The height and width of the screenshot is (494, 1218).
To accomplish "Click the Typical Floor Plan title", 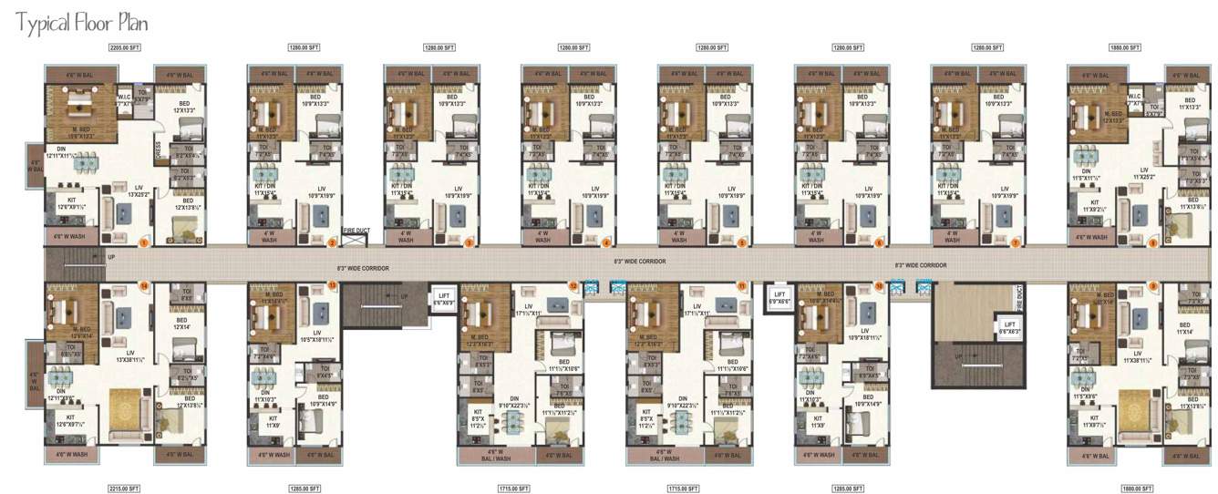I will (x=81, y=22).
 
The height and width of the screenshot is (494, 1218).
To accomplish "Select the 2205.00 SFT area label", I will (x=124, y=46).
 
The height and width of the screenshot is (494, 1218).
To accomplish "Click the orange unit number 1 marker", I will (x=144, y=242).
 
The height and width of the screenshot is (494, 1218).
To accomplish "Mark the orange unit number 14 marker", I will (x=144, y=286).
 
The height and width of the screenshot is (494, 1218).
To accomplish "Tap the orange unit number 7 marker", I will (x=1015, y=242).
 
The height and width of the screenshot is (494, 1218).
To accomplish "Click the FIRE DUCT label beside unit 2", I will (x=354, y=232).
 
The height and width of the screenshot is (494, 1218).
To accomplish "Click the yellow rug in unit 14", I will (x=124, y=409).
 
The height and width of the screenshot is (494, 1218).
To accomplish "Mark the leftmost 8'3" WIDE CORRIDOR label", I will (x=363, y=269).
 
